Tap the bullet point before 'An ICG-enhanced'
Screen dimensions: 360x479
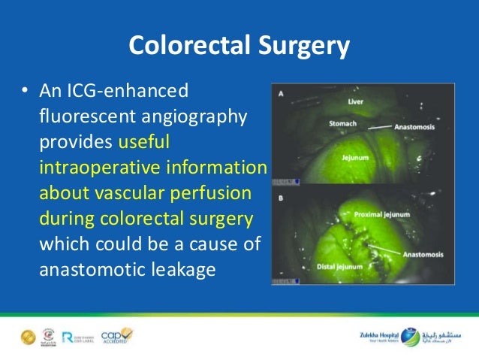point(24,92)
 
